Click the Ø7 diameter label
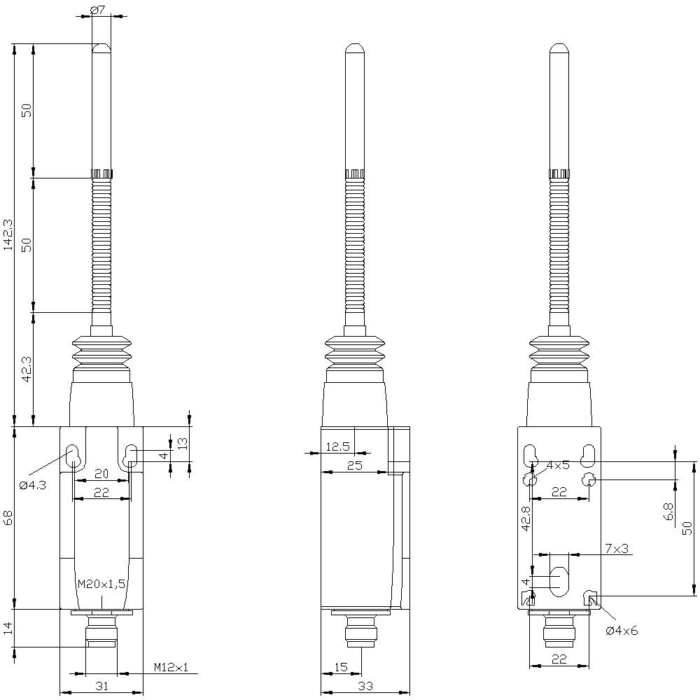click(x=98, y=10)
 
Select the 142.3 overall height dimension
click(x=8, y=234)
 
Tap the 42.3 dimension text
click(x=26, y=369)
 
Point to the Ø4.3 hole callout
click(x=33, y=485)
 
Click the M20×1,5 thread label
click(x=101, y=584)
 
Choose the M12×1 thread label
click(x=171, y=668)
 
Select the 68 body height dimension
click(x=8, y=518)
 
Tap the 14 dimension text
click(x=8, y=627)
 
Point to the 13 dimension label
click(x=182, y=443)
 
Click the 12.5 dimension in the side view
click(x=337, y=447)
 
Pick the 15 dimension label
click(x=340, y=668)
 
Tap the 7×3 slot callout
click(x=616, y=549)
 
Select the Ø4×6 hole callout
click(x=622, y=631)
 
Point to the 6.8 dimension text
click(x=668, y=512)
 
